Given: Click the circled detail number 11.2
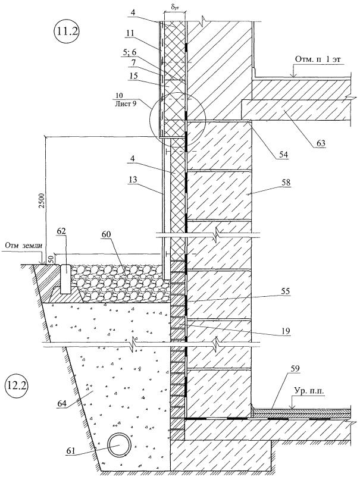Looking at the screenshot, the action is click(x=66, y=32).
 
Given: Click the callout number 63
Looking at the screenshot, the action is click(x=320, y=142).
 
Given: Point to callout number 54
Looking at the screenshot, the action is click(x=283, y=155).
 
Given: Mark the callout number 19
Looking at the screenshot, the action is click(x=286, y=331).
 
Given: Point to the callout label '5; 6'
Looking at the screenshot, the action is click(x=130, y=53).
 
